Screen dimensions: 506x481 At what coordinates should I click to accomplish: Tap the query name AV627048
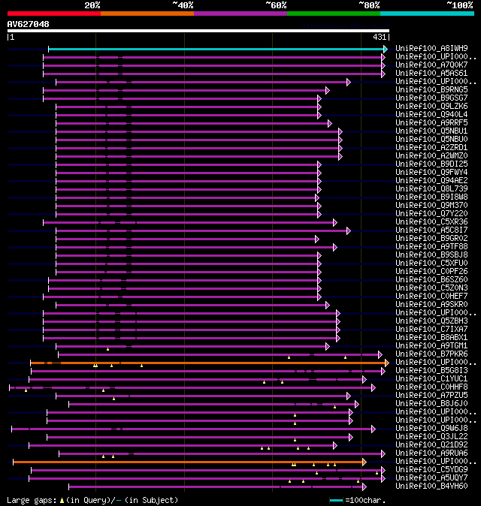[x=28, y=24]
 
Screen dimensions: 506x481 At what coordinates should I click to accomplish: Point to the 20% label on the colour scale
[x=92, y=5]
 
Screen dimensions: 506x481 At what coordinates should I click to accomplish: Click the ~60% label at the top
[x=276, y=5]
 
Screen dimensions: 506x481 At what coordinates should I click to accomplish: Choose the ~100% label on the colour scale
[x=459, y=5]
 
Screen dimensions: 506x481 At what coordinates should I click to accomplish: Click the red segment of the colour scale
[x=53, y=13]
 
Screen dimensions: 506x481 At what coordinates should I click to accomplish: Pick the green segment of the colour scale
[x=333, y=13]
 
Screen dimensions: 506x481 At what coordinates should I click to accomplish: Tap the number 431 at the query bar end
[x=380, y=37]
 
